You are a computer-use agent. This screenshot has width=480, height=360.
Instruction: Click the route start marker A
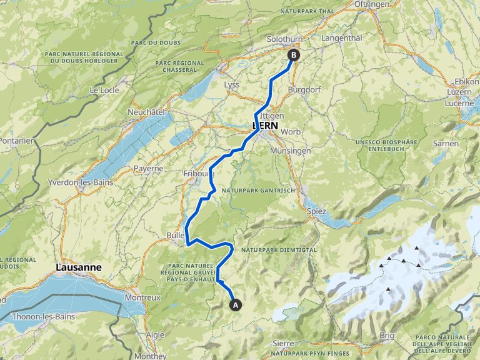pos(236,305)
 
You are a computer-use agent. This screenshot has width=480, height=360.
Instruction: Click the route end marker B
pos(293,54)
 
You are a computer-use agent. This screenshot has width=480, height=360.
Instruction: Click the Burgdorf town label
pos(304,89)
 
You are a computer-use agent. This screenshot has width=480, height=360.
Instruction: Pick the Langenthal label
pos(341,38)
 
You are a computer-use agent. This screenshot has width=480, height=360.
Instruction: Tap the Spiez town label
pos(317,211)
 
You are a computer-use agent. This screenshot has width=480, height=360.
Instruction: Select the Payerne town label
pos(148,168)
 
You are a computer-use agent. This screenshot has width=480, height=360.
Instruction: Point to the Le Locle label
pos(104,90)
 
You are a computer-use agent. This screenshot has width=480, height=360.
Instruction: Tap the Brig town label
pos(387,336)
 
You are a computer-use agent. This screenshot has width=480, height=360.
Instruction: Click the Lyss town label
pos(231,84)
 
